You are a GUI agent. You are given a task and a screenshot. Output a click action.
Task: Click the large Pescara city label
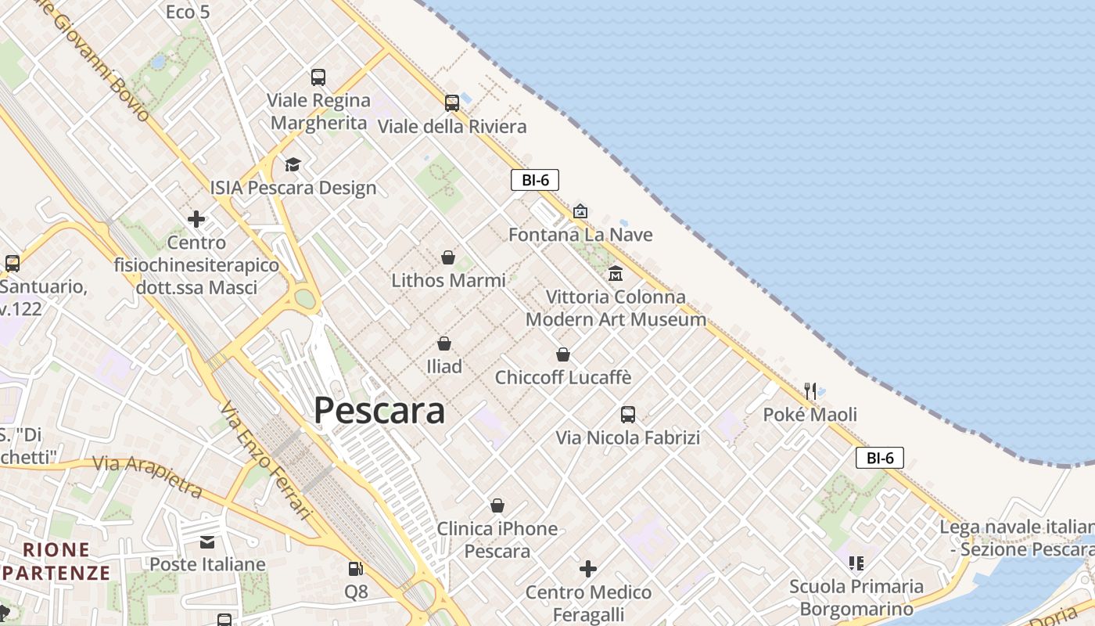(x=379, y=411)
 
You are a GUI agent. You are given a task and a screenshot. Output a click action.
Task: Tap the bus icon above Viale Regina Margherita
(x=318, y=77)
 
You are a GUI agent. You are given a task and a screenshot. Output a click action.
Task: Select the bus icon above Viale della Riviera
(x=452, y=103)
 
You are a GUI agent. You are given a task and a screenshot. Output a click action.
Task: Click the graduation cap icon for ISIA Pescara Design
(x=293, y=164)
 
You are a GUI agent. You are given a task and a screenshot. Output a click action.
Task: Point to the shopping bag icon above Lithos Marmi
(x=448, y=257)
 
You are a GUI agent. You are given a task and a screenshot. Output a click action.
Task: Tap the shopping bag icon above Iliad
(x=443, y=344)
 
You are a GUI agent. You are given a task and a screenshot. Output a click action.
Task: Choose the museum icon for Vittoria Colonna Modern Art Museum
(x=616, y=274)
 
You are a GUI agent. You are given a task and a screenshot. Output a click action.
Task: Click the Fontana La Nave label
(x=580, y=235)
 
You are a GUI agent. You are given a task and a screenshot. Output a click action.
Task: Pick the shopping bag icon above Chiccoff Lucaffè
(x=562, y=354)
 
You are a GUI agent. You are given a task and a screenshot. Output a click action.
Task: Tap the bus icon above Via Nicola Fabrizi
(x=627, y=415)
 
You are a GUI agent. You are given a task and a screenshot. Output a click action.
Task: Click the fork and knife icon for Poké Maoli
(x=810, y=390)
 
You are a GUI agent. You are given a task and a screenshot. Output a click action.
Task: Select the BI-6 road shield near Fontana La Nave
(x=535, y=180)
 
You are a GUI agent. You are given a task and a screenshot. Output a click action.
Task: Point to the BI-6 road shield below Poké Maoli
(x=880, y=458)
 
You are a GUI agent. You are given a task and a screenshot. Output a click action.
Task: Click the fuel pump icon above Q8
(x=356, y=569)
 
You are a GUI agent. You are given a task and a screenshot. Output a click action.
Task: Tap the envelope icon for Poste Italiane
(x=207, y=541)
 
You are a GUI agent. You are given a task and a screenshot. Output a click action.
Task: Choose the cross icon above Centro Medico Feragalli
(x=588, y=569)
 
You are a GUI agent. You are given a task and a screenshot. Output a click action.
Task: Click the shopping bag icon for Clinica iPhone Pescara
(x=497, y=506)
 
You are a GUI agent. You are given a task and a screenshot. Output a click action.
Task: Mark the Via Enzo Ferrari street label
(x=266, y=462)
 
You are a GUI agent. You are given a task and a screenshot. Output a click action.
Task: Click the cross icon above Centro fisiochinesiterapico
(x=196, y=219)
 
